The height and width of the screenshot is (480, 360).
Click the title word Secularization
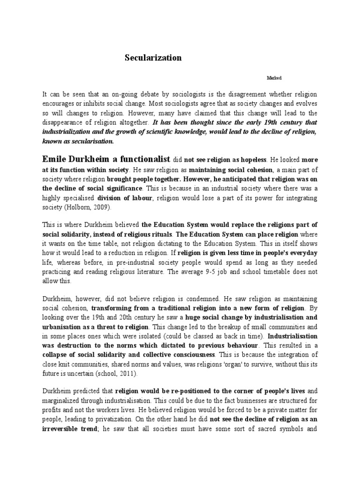point(153,58)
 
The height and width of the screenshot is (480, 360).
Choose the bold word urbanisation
point(62,326)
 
